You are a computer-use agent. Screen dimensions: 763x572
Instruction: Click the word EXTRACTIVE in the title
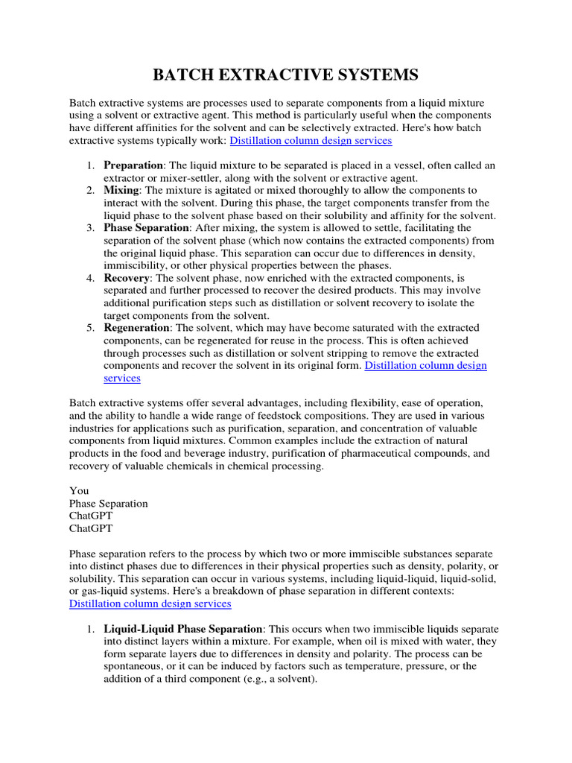285,75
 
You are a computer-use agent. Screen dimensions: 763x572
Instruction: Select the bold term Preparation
133,165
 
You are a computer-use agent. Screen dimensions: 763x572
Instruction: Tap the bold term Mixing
121,190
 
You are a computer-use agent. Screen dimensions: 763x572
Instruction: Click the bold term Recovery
127,278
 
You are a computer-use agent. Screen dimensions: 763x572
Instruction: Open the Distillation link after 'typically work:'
311,139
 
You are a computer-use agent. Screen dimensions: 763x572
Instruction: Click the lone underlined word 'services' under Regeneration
122,379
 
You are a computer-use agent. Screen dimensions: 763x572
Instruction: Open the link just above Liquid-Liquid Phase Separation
150,604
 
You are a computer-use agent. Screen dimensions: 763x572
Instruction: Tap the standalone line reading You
79,490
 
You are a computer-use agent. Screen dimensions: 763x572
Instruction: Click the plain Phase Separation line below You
109,503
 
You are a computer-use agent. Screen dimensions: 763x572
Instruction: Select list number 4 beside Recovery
89,278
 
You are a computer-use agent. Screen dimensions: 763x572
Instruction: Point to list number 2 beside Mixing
89,190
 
